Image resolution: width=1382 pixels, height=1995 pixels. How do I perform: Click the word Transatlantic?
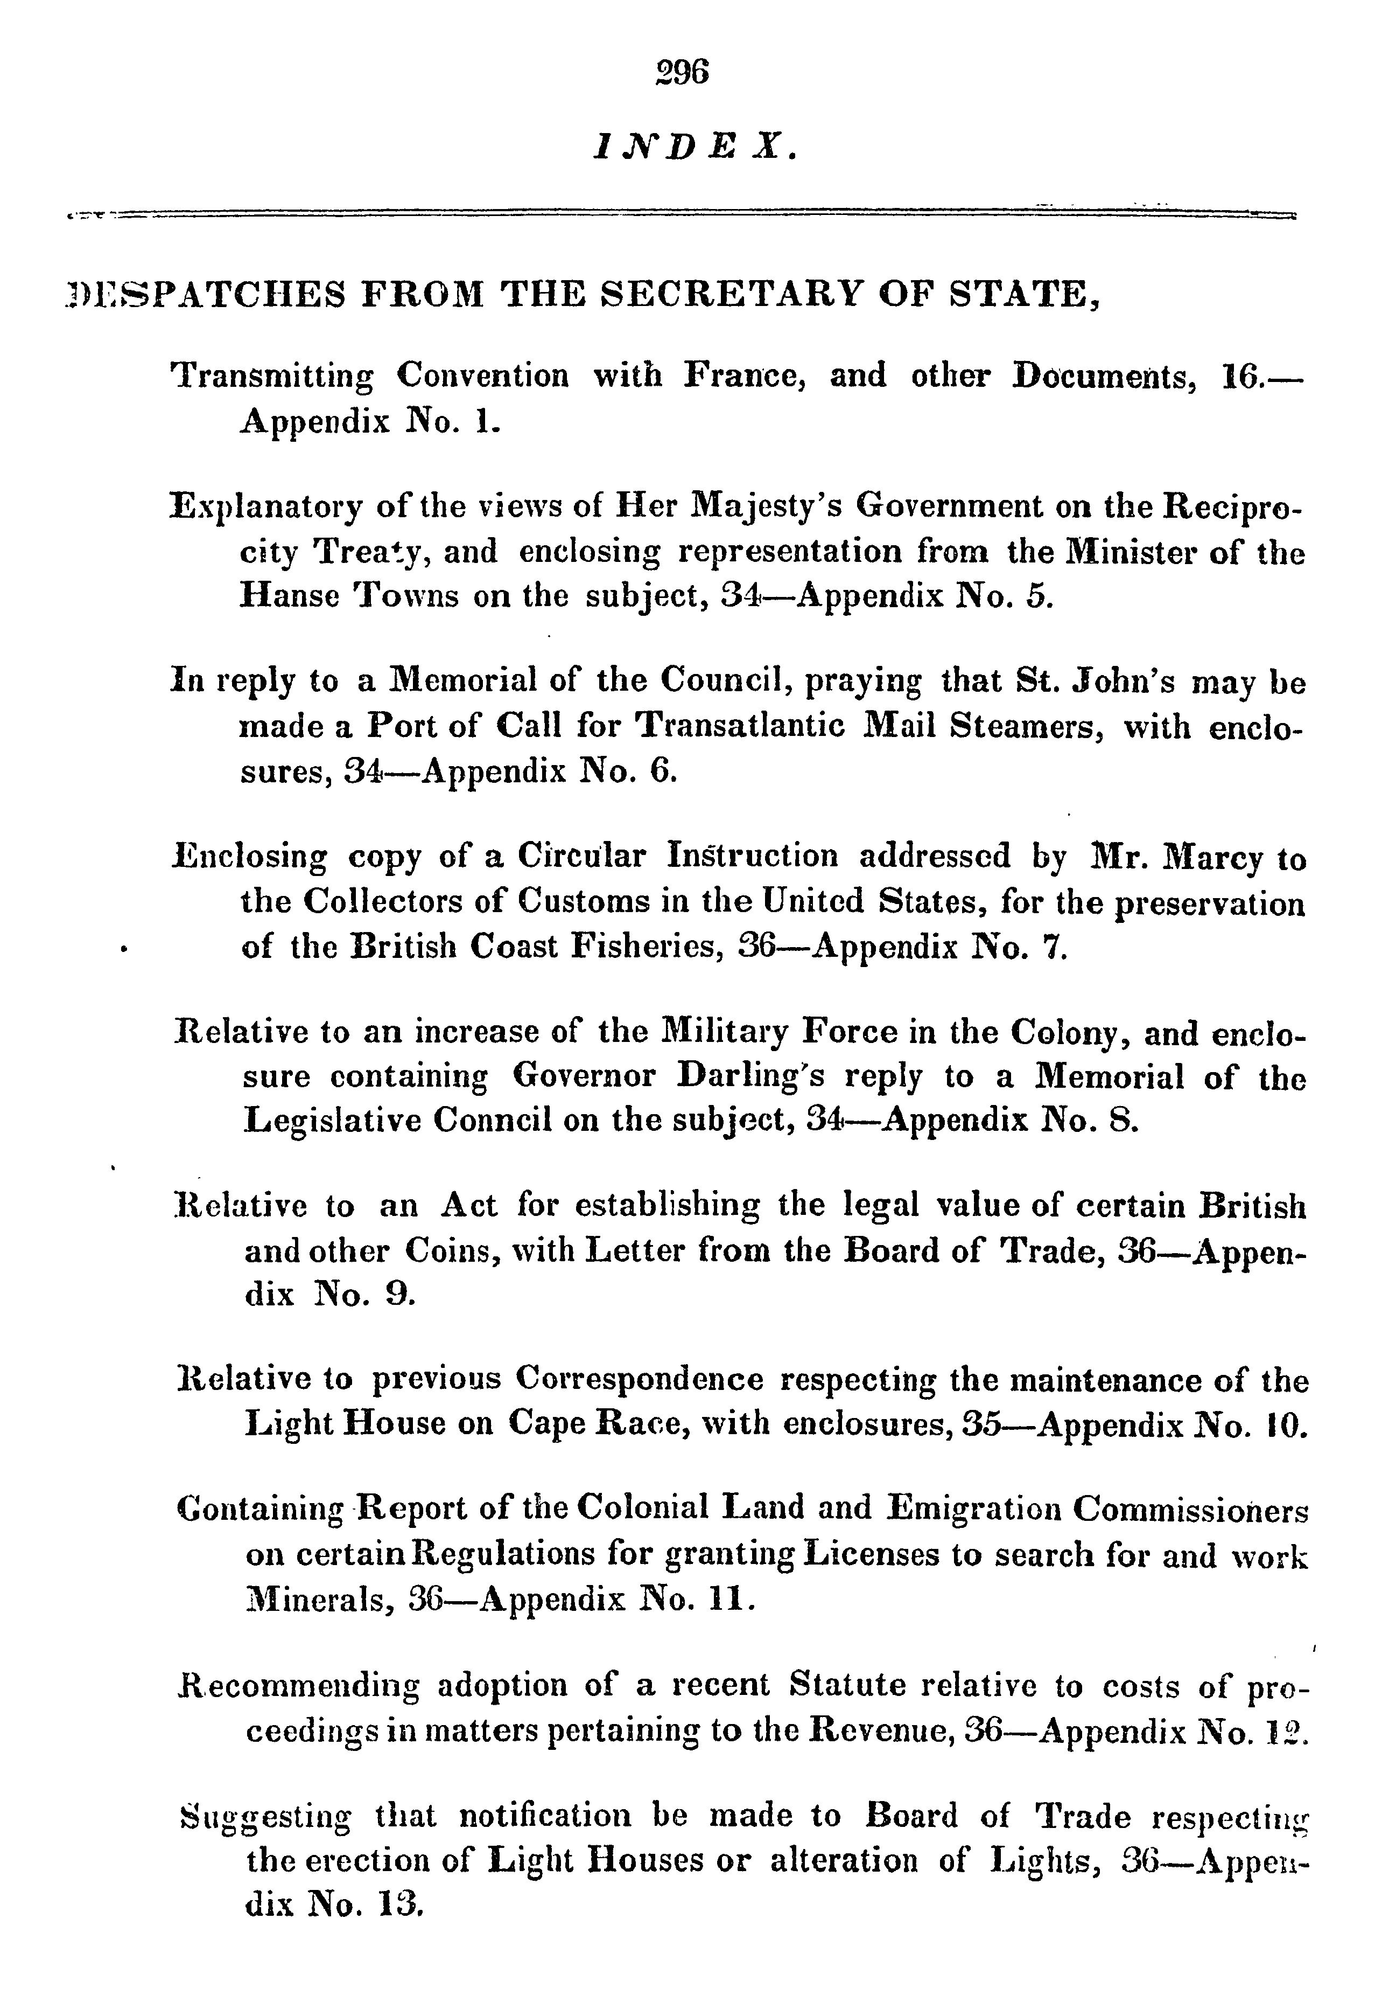(x=740, y=726)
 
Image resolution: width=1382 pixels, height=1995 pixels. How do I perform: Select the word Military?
(x=724, y=1033)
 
